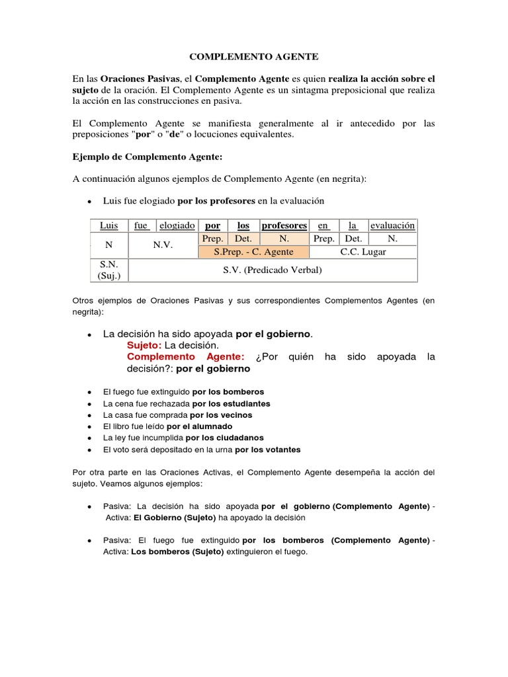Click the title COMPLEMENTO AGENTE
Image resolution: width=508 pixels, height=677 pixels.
pyautogui.click(x=253, y=58)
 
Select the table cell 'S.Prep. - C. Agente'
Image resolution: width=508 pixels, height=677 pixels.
pyautogui.click(x=253, y=252)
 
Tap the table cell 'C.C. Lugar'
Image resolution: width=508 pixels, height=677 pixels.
pyautogui.click(x=363, y=252)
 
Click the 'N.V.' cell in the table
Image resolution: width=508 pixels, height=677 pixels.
pyautogui.click(x=163, y=245)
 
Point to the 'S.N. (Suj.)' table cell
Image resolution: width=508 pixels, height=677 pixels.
pyautogui.click(x=108, y=270)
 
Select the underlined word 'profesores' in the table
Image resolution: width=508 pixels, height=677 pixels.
pyautogui.click(x=284, y=225)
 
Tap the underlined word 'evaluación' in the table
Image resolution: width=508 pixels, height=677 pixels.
pyautogui.click(x=392, y=225)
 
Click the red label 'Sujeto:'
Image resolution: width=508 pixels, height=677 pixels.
pyautogui.click(x=144, y=345)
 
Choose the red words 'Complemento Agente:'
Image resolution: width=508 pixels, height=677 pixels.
pyautogui.click(x=186, y=357)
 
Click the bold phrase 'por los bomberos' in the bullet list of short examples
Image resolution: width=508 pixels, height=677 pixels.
pyautogui.click(x=228, y=391)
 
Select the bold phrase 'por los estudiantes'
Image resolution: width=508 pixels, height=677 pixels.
pyautogui.click(x=231, y=403)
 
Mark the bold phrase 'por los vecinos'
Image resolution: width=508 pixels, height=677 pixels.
pyautogui.click(x=221, y=415)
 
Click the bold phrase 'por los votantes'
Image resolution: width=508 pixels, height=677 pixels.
pyautogui.click(x=267, y=450)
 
